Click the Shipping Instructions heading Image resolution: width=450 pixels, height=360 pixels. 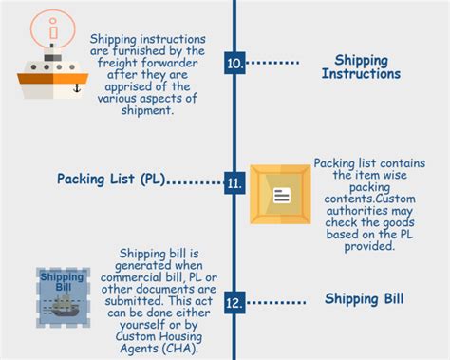point(361,66)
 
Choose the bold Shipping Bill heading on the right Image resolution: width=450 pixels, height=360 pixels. point(364,300)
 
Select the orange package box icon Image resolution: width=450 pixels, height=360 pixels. point(280,195)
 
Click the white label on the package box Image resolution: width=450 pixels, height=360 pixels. point(281,196)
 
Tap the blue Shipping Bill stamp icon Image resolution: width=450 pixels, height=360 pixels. point(63,294)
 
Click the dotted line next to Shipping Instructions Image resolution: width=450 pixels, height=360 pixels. point(273,64)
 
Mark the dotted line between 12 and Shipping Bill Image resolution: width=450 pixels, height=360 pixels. point(276,304)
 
